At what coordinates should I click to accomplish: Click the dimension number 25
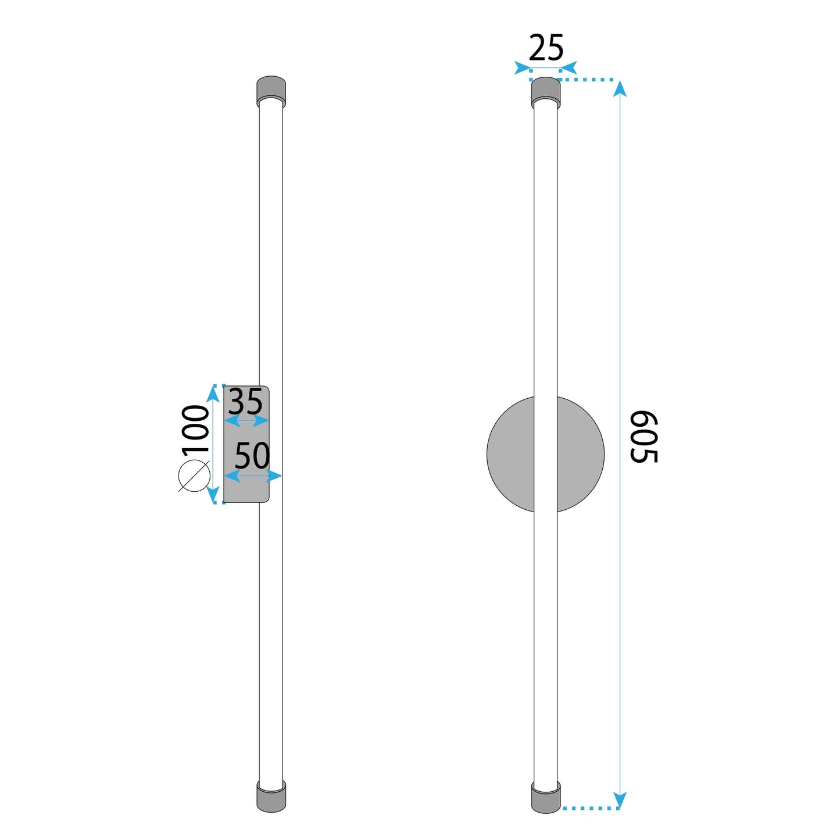[x=546, y=48]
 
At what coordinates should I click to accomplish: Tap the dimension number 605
[x=644, y=437]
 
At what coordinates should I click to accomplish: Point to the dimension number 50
[x=252, y=456]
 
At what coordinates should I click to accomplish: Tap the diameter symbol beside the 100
[x=194, y=476]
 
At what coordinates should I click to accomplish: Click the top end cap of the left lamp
[x=271, y=90]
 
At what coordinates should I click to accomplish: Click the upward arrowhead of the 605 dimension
[x=620, y=89]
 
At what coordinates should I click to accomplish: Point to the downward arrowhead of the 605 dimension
[x=620, y=799]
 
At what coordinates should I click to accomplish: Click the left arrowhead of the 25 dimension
[x=522, y=68]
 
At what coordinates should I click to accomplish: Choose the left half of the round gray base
[x=510, y=454]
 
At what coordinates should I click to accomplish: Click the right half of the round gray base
[x=581, y=454]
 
